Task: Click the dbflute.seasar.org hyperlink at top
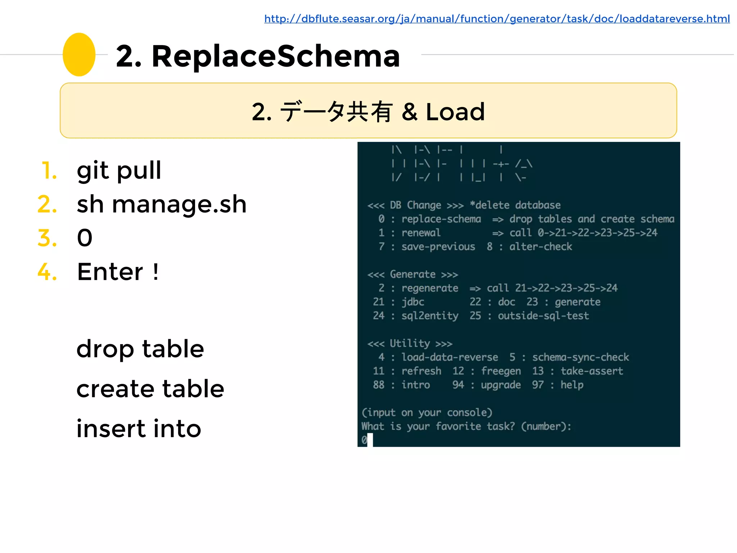[497, 19]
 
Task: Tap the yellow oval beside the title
[79, 55]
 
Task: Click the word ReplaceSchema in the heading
[276, 56]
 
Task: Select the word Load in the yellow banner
[455, 112]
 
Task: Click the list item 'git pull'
[119, 170]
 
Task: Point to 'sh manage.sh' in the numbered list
[162, 204]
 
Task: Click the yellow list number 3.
[47, 238]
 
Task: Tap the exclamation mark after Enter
[155, 272]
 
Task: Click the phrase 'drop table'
[140, 349]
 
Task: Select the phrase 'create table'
[150, 389]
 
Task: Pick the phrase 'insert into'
[139, 429]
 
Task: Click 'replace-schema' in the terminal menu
[441, 219]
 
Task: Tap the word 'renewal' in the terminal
[421, 233]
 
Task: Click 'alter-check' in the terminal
[540, 247]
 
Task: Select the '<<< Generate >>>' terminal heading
[412, 275]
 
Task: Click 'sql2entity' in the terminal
[430, 316]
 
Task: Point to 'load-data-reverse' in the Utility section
[449, 357]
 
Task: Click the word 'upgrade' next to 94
[501, 385]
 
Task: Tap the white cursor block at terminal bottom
[370, 440]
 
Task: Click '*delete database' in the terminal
[515, 205]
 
